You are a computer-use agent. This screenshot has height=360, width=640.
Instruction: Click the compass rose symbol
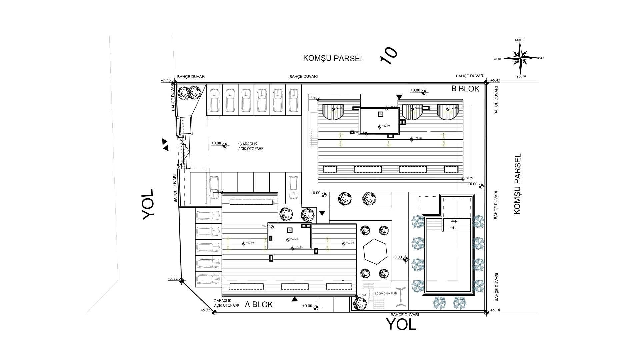pos(520,58)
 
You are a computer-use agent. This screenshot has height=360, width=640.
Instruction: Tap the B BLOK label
pos(465,89)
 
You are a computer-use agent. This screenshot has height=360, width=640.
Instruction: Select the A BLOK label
pos(259,304)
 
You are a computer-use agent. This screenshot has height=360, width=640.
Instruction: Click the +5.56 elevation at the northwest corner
pos(166,80)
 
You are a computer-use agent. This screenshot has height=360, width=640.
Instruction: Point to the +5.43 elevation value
pos(495,80)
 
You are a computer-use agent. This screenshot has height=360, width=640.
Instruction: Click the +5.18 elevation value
pos(495,310)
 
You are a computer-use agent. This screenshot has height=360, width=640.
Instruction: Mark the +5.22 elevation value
pos(173,279)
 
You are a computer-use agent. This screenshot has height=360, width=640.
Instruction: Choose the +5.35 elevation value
pos(205,310)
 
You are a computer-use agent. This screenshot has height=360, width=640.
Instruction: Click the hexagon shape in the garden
pos(375,251)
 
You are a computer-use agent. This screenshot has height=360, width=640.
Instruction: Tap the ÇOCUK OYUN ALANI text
pos(386,294)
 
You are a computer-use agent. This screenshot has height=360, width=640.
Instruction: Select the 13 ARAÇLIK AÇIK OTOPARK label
pos(251,146)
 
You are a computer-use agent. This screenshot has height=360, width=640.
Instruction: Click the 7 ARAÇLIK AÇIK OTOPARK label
pos(227,303)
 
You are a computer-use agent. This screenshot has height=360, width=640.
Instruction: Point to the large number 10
pos(389,55)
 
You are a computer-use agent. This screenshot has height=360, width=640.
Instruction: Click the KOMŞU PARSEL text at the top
pos(333,58)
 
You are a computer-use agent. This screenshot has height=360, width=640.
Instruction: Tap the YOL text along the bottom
pos(401,324)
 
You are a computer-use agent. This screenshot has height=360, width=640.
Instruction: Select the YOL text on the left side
pos(148,204)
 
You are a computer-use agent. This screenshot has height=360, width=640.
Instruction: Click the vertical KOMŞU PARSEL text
pos(517,184)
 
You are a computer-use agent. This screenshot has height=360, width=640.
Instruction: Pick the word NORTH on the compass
pos(520,40)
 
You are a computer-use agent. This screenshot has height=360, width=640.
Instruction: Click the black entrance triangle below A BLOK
pos(294,299)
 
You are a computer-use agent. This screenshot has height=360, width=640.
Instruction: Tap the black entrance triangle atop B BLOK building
pos(399,97)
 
